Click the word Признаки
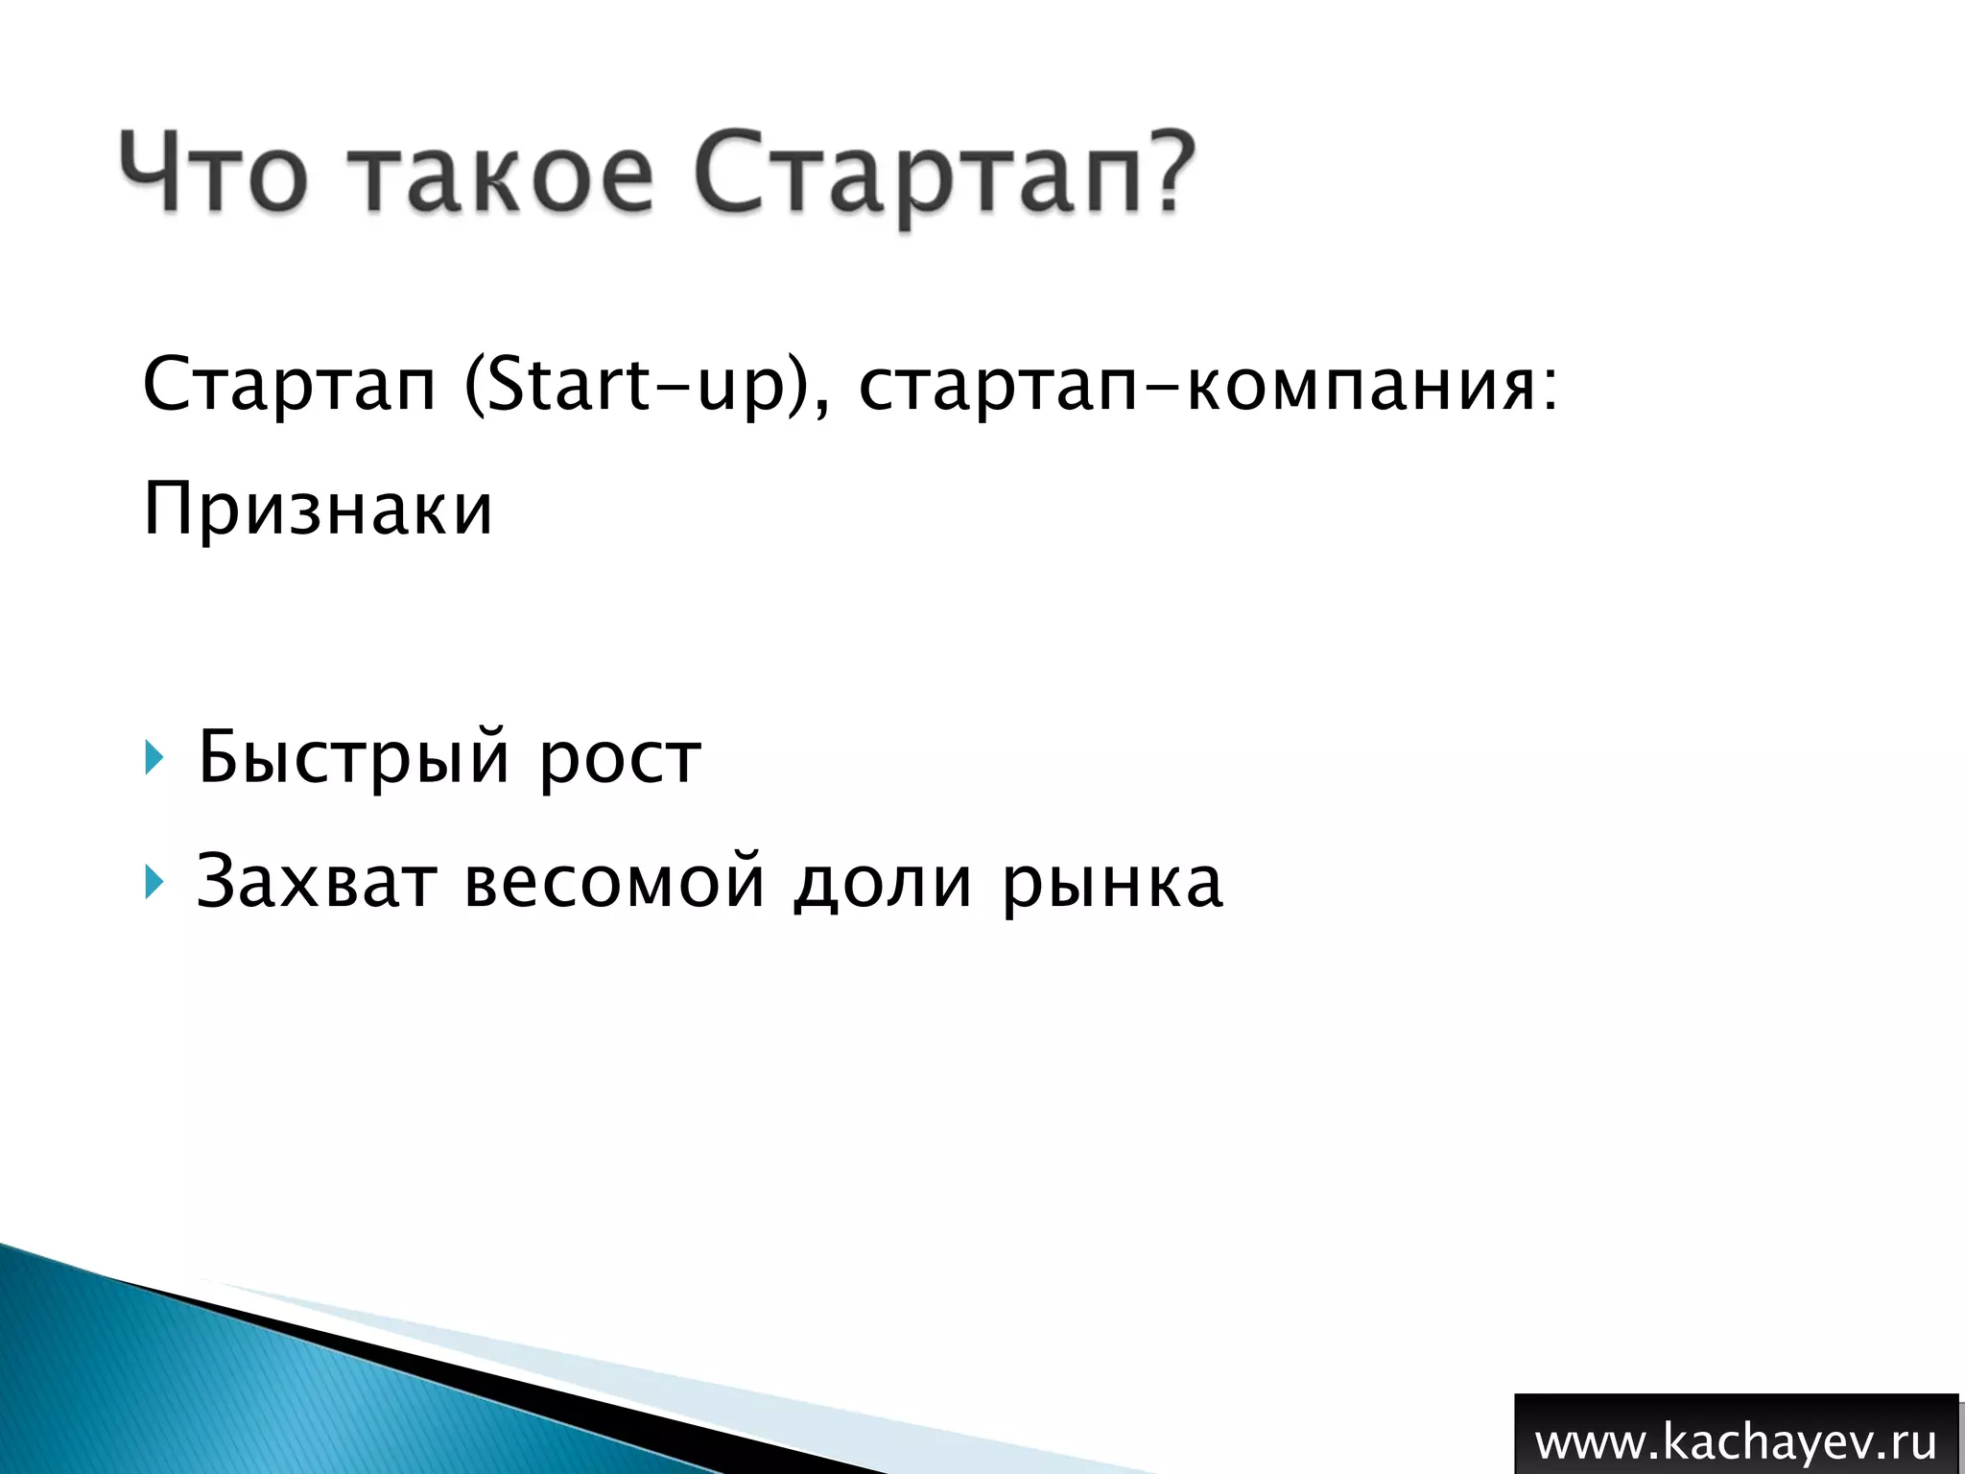pos(318,510)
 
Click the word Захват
pos(317,880)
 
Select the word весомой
pos(614,882)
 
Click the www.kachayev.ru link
pos(1735,1442)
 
